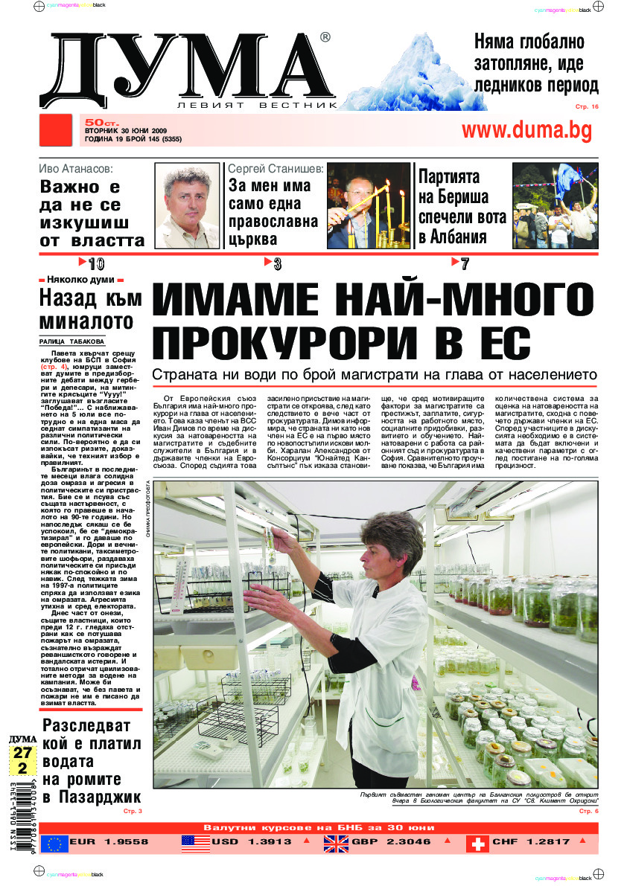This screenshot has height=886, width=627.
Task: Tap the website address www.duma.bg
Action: pyautogui.click(x=526, y=130)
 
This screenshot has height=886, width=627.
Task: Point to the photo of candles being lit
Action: pyautogui.click(x=368, y=206)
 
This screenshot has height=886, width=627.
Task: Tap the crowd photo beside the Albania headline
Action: pyautogui.click(x=555, y=205)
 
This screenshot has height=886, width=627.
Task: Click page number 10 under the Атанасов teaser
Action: pyautogui.click(x=95, y=263)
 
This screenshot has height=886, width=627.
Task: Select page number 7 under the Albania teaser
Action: pyautogui.click(x=464, y=263)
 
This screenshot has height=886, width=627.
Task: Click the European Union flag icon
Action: pyautogui.click(x=54, y=843)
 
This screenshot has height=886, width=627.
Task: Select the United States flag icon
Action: pyautogui.click(x=195, y=843)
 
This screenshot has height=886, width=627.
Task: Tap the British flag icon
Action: pyautogui.click(x=336, y=843)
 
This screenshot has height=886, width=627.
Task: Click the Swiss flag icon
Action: pyautogui.click(x=477, y=843)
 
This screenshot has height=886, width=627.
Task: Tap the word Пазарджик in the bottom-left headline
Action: pyautogui.click(x=98, y=798)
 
